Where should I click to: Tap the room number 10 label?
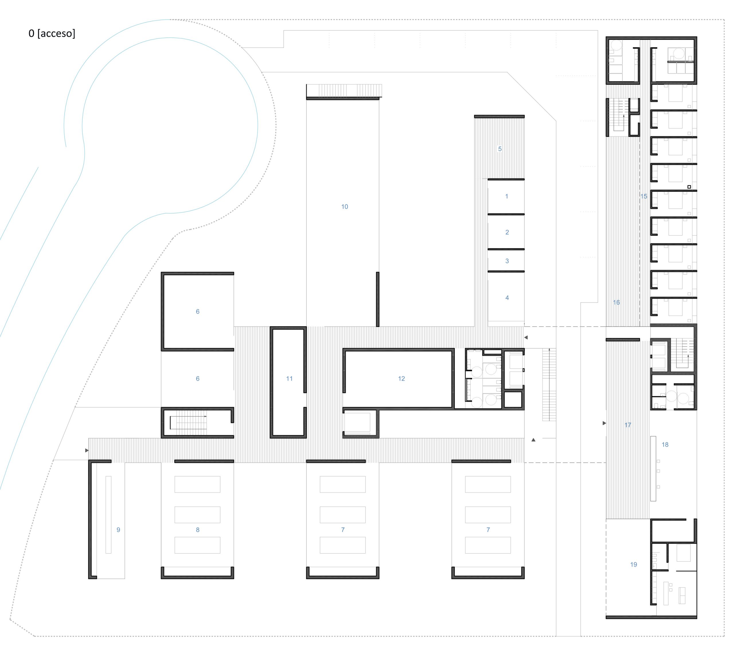[344, 207]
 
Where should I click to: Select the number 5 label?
[500, 149]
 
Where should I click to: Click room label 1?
[507, 196]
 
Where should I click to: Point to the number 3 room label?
[507, 261]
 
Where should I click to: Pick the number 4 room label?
[507, 297]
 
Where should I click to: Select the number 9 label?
[118, 530]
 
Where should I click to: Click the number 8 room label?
[198, 530]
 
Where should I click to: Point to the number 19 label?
[633, 564]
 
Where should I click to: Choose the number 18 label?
[665, 445]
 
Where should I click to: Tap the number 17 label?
[628, 425]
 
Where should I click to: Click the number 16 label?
[616, 303]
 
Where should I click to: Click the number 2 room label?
[507, 232]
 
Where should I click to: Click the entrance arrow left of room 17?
[604, 423]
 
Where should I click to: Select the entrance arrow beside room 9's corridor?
[87, 450]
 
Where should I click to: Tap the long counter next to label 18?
[653, 468]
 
